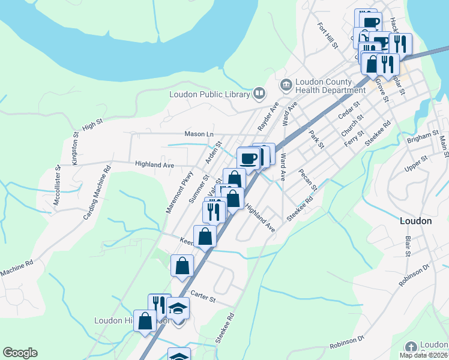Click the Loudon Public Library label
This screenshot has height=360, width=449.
coord(209,94)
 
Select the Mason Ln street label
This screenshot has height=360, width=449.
coord(199,134)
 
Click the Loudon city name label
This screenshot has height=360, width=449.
coord(415,221)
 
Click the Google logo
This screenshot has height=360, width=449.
coord(20,353)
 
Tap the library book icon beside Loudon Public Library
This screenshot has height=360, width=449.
coord(259,93)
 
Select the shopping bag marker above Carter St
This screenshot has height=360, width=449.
coord(182,265)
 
